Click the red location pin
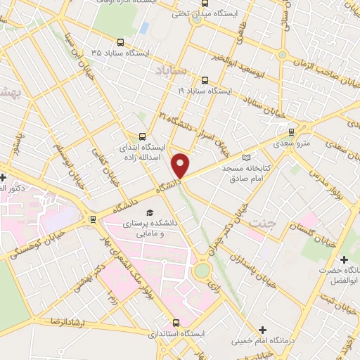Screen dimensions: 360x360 [x=181, y=165]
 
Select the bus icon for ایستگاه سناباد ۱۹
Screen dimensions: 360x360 [x=205, y=80]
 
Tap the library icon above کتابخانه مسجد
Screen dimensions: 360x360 [x=245, y=157]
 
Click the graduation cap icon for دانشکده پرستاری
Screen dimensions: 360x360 [x=148, y=212]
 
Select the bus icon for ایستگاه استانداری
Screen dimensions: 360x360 [x=176, y=323]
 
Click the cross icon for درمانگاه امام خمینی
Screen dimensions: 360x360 [x=263, y=329]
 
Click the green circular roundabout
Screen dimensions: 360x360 [x=202, y=270]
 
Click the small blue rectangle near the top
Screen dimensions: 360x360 [x=144, y=28]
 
